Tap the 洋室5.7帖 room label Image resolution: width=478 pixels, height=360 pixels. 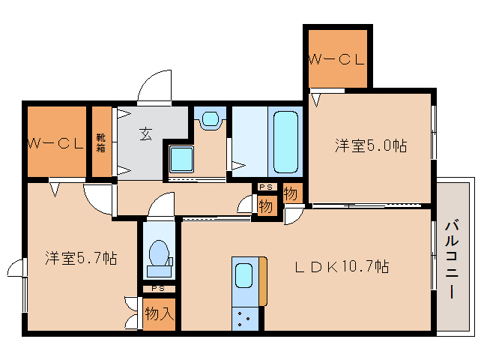80,259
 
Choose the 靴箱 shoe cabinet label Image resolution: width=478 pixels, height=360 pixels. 100,142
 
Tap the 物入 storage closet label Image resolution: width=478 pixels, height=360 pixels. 160,313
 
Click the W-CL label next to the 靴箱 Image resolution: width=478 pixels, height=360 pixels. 55,143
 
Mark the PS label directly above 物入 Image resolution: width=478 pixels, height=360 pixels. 158,289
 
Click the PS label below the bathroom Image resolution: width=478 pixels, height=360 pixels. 265,187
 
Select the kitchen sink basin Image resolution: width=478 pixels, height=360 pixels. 244,277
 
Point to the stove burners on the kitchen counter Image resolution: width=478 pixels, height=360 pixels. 244,318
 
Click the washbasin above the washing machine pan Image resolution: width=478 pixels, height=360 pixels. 211,118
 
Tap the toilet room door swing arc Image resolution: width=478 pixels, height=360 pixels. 162,204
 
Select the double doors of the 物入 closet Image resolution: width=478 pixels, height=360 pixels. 133,313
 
